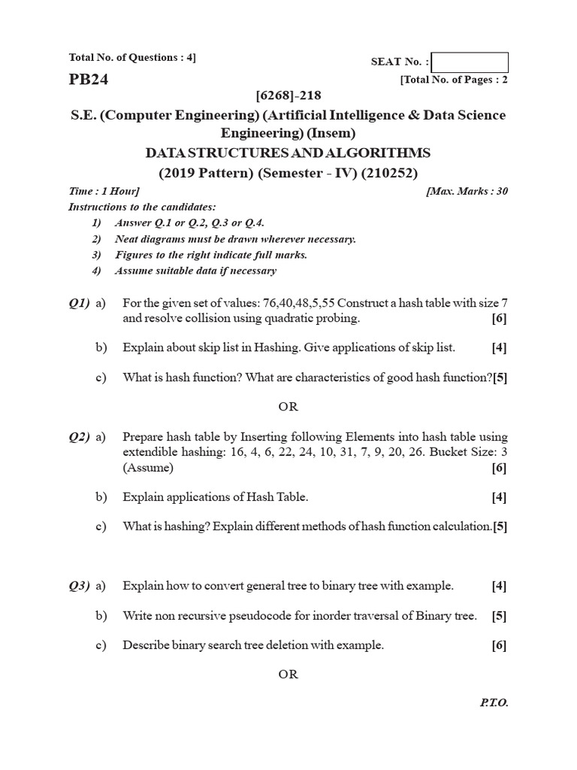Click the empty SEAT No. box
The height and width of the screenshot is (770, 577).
point(470,62)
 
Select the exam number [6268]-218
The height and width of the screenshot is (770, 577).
point(288,96)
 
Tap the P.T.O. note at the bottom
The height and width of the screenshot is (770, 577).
point(494,702)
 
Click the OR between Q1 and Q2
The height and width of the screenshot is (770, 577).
point(288,406)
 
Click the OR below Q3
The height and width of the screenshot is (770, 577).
point(288,674)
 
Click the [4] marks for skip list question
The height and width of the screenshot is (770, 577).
point(500,347)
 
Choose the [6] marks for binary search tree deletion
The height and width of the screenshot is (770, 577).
point(500,645)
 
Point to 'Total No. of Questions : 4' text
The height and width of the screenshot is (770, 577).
point(132,57)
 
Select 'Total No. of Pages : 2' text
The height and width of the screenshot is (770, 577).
point(455,80)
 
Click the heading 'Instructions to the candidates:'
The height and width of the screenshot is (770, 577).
point(142,206)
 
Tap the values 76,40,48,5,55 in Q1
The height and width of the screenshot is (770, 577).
point(299,303)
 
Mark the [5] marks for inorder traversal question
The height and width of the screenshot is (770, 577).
point(500,616)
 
